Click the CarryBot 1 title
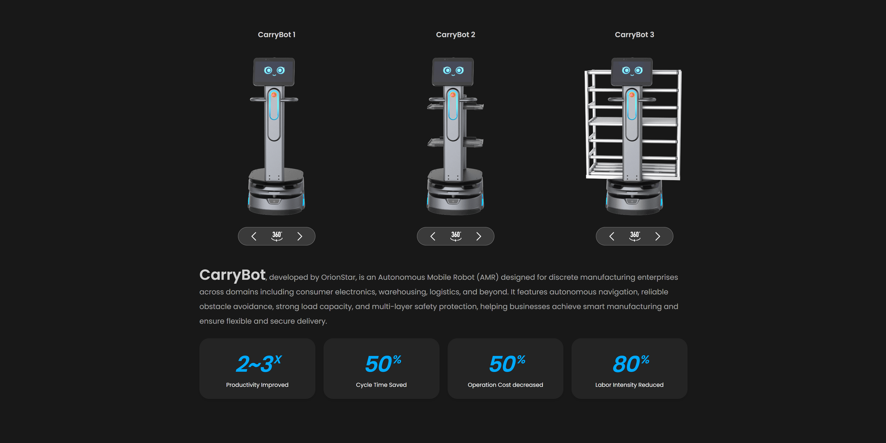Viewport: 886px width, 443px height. click(x=277, y=35)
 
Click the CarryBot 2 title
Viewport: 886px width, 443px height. click(x=455, y=35)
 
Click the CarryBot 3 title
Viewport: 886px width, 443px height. click(x=634, y=35)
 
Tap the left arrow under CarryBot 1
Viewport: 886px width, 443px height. click(x=254, y=236)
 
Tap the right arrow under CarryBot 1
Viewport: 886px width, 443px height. click(x=300, y=236)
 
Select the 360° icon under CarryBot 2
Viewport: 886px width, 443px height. click(x=456, y=236)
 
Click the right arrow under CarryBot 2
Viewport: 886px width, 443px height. click(x=478, y=236)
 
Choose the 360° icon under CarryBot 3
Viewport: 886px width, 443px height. click(x=635, y=236)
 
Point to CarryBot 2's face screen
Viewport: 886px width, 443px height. click(x=453, y=72)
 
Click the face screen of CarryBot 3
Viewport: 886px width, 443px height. click(x=631, y=72)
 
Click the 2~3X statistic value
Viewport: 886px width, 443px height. click(x=259, y=364)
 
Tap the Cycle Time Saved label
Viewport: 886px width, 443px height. click(x=381, y=385)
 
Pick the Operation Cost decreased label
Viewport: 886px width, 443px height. click(x=505, y=385)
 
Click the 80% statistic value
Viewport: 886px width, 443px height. click(x=631, y=364)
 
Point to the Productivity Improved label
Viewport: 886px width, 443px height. click(x=257, y=385)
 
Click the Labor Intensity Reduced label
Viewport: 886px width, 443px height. click(x=629, y=385)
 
